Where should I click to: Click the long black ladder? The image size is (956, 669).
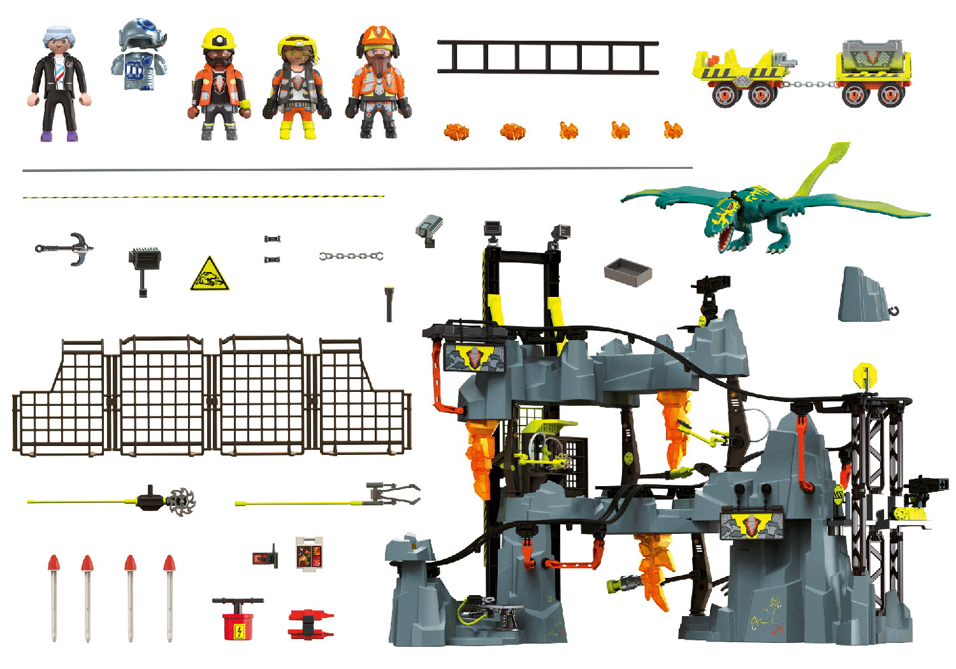click(547, 57)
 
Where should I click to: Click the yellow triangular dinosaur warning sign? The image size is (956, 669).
click(209, 275)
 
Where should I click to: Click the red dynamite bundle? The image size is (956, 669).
click(310, 624)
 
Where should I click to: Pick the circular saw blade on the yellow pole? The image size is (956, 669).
click(181, 501)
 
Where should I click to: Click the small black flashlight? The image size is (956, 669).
click(389, 304)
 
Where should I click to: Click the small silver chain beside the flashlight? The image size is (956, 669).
click(351, 256)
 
